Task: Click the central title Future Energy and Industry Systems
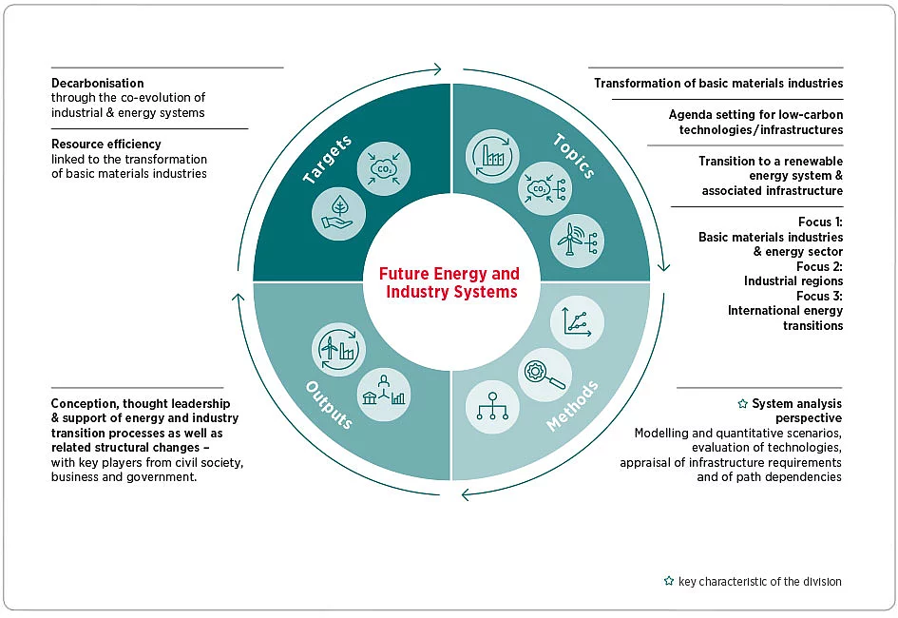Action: tap(449, 282)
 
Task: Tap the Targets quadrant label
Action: tap(327, 160)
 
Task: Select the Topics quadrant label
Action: tap(574, 156)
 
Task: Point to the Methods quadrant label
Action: tap(573, 407)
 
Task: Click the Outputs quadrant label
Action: tap(328, 403)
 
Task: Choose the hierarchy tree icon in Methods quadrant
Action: tap(492, 407)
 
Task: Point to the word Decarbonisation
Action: tap(98, 83)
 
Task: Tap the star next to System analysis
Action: tap(743, 404)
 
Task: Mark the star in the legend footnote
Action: tap(669, 581)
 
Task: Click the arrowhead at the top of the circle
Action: tap(436, 68)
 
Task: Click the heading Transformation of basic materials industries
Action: tap(718, 83)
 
